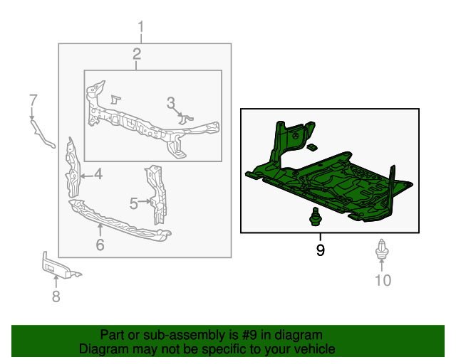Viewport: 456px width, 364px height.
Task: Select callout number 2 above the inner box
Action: (136, 54)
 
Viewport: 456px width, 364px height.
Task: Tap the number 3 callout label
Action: (171, 103)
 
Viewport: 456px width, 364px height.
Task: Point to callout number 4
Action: (97, 173)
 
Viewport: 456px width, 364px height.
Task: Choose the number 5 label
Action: (133, 203)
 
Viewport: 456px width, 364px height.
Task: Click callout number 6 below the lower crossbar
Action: (100, 245)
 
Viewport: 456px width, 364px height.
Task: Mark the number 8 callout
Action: (56, 296)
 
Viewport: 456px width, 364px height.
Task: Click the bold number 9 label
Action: (320, 250)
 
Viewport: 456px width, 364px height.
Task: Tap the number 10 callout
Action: (383, 280)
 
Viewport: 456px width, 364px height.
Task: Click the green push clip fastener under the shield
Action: (315, 216)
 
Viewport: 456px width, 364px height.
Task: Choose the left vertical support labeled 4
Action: (72, 168)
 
